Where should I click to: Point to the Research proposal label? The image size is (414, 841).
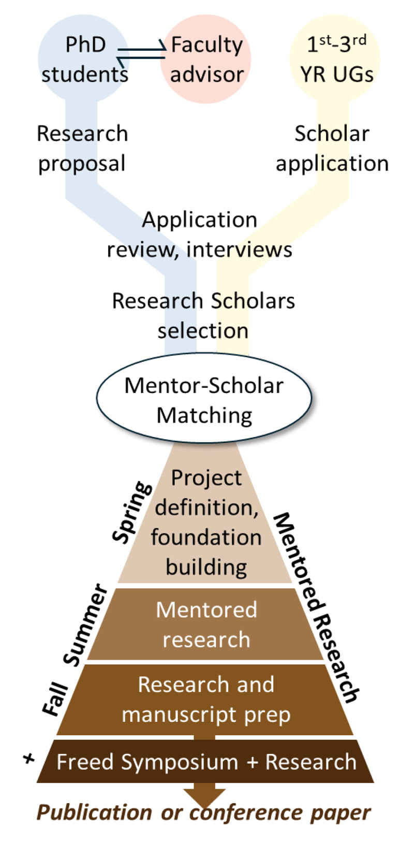pos(82,149)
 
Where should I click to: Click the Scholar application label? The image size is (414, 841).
pos(332,149)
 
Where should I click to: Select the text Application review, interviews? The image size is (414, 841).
pos(200,235)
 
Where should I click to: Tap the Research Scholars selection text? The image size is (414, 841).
pos(203,315)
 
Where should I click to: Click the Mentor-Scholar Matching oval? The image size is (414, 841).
pos(204,400)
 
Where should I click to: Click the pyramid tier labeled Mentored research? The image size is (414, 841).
pos(206,624)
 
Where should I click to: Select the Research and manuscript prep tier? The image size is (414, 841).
pos(206,699)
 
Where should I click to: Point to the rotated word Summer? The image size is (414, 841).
pos(86,625)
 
